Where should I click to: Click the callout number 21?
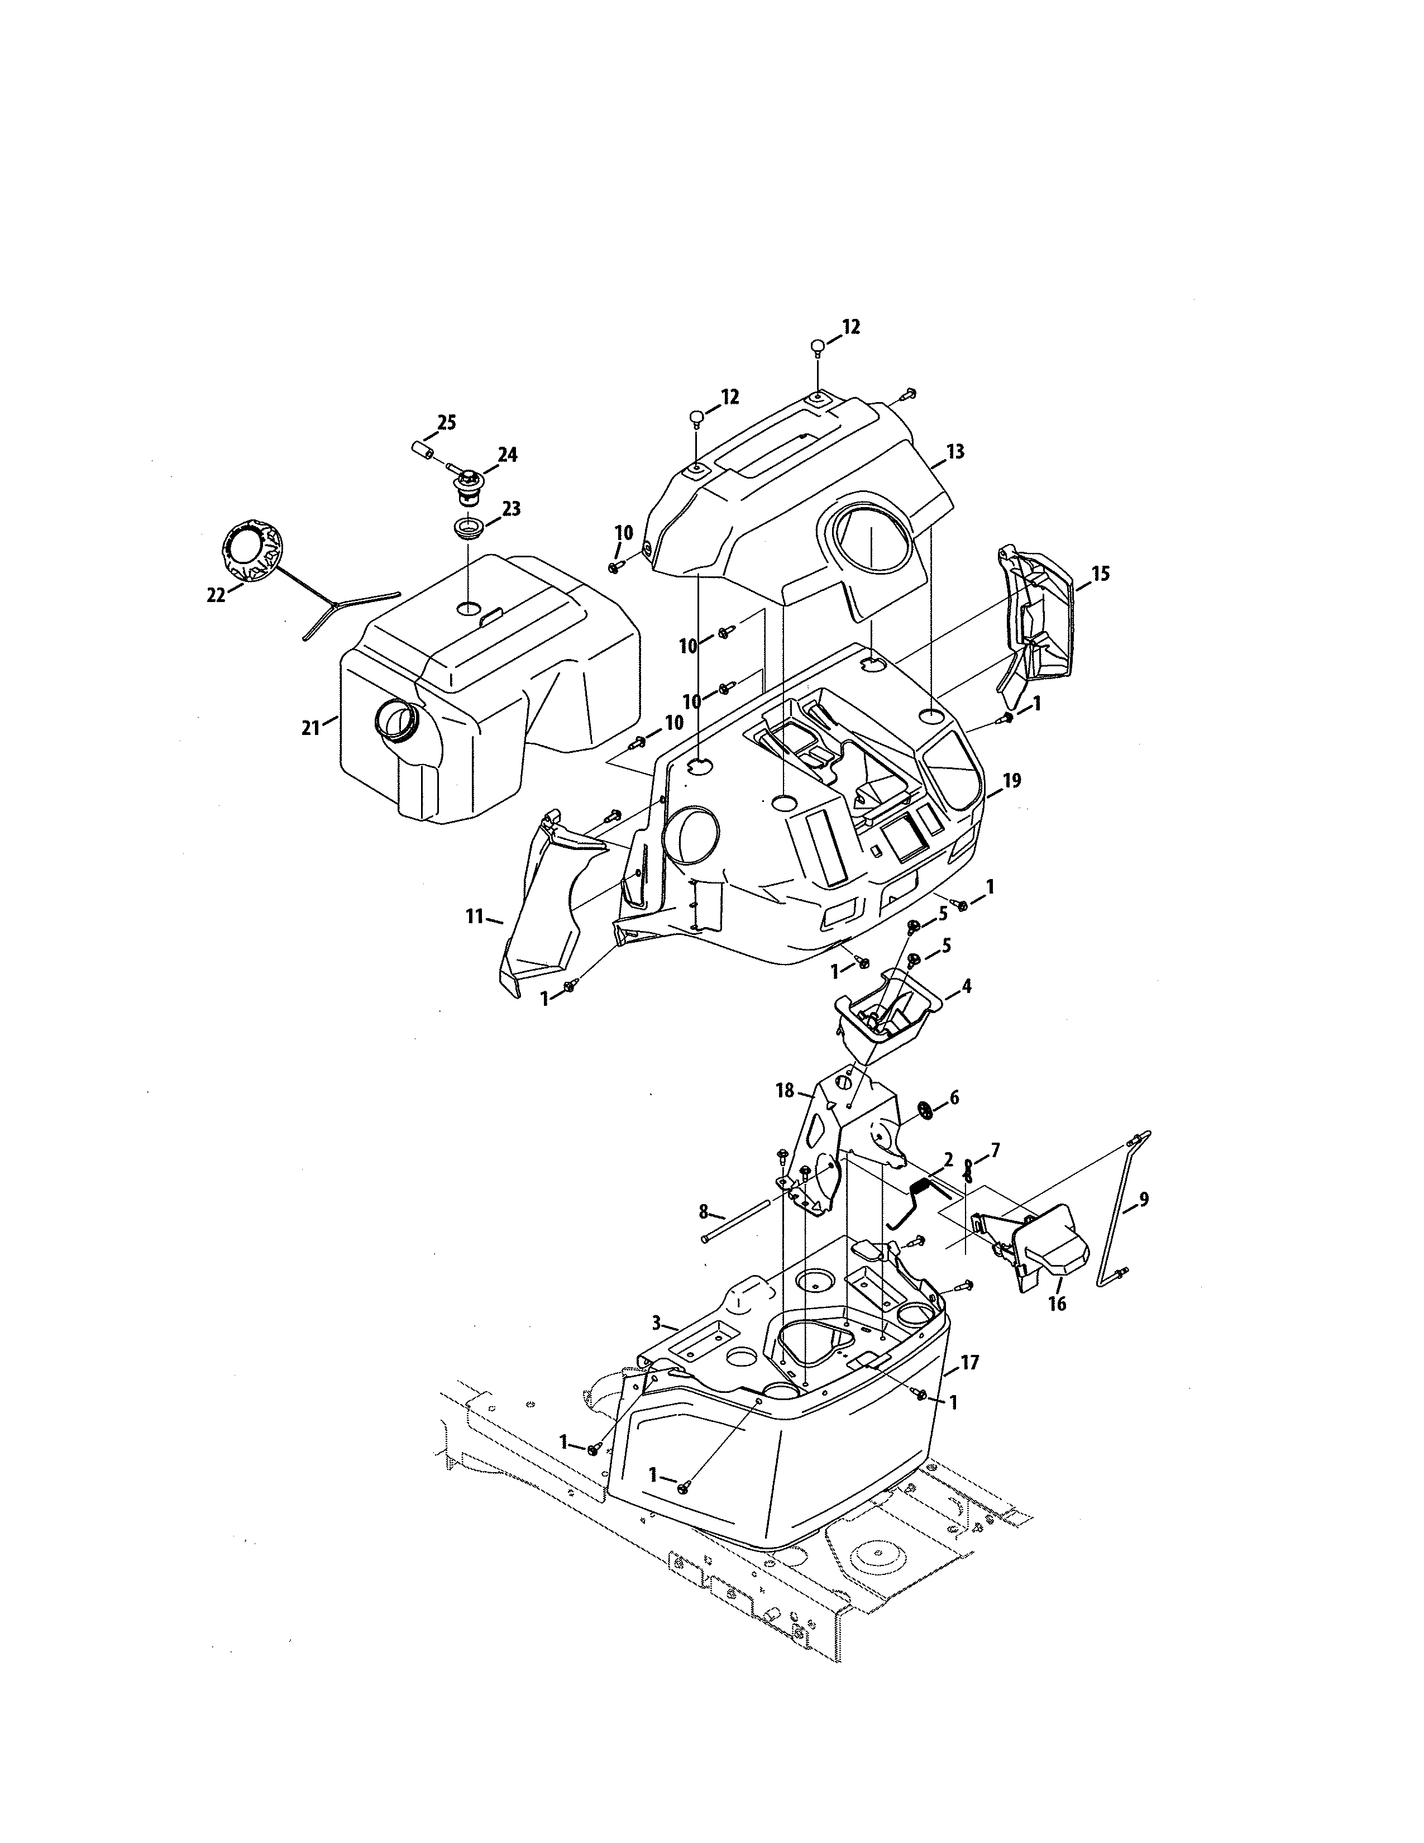310,727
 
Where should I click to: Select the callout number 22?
216,594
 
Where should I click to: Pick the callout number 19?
1011,781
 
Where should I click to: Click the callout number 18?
785,1091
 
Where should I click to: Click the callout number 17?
969,1363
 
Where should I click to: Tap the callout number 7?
996,1149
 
